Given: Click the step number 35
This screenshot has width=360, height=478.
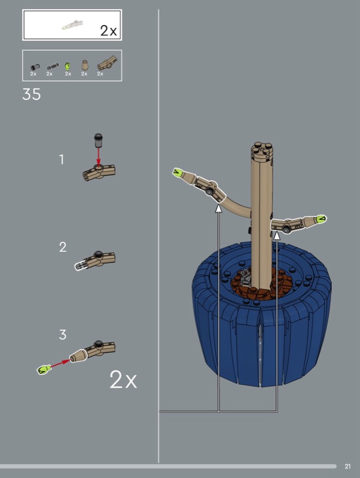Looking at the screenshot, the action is coord(32,94).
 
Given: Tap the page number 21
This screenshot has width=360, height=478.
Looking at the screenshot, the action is coord(347,466).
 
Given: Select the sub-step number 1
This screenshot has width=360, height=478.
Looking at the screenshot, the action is coord(62,160).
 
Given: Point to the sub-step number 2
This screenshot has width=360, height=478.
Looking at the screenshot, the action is coord(63,247).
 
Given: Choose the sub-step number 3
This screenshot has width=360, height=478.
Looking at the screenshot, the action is coord(63,335).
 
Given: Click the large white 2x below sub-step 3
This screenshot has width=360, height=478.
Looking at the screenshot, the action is coord(123,379).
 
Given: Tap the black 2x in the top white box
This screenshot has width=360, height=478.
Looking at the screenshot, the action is coord(108,30).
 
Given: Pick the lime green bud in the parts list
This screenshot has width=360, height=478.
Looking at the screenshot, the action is coord(68,66).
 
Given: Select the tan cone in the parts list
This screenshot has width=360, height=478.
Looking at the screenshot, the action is coord(84,65).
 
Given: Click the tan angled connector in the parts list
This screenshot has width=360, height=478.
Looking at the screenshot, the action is coord(107,63).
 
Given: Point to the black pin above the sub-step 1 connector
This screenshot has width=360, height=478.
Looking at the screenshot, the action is coord(98,140).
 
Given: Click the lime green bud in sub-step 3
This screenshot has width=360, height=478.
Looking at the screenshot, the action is coord(43,369).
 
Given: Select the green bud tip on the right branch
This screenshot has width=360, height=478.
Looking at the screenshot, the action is coord(321,219).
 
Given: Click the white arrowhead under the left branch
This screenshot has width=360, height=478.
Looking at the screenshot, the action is coord(218,209).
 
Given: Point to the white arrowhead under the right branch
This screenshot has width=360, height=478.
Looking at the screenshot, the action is coord(277,235).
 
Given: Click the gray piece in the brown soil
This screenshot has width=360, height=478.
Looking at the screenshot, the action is coord(245,277).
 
